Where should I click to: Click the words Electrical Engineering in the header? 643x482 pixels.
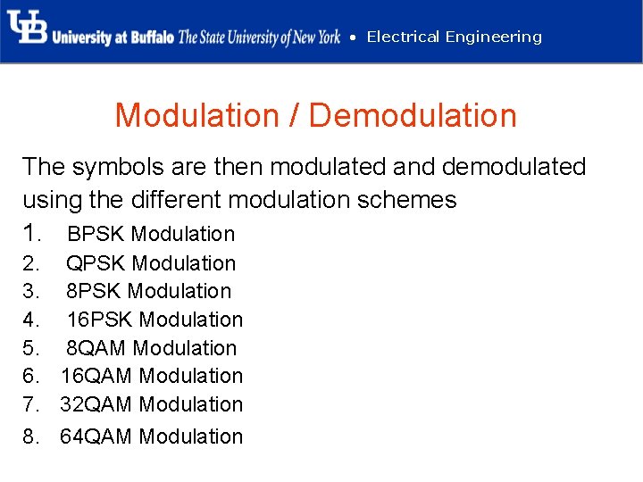coord(454,37)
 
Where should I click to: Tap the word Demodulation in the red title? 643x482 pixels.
coord(413,116)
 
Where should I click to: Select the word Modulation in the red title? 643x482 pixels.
coord(196,116)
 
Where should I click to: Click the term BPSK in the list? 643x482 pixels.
coord(96,234)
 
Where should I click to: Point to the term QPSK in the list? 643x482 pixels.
coord(96,263)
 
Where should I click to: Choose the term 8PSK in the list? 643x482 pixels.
coord(94,291)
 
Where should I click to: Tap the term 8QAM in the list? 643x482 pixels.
coord(96,348)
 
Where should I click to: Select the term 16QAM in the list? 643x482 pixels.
coord(96,376)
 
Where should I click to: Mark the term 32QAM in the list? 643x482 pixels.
coord(96,404)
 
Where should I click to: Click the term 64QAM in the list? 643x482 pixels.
coord(96,436)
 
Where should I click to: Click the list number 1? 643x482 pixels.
coord(32,234)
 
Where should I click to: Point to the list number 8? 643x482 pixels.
coord(31,436)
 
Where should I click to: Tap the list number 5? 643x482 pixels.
coord(31,348)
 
